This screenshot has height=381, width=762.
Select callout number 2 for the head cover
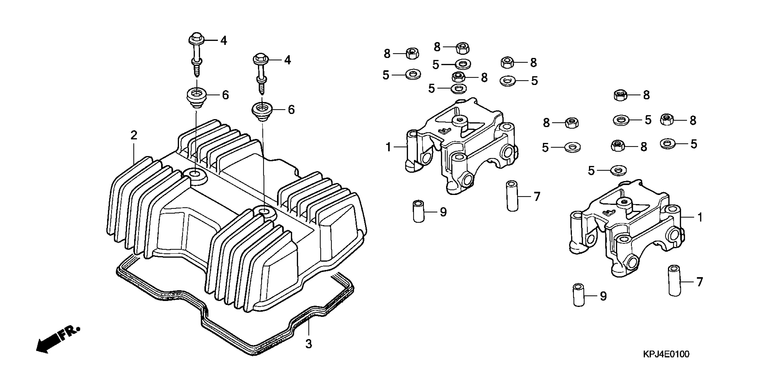(134, 136)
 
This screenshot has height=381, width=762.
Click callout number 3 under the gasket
(309, 344)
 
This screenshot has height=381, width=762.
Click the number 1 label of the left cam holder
(389, 147)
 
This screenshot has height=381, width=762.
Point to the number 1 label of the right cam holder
(700, 218)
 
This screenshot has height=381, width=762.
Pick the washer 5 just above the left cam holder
(459, 88)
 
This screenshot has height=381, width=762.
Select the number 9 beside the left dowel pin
(443, 212)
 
